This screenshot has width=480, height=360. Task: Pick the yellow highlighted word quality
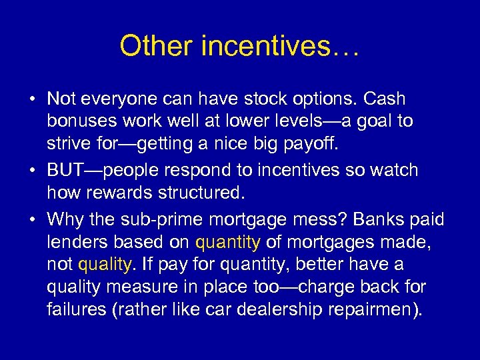pyautogui.click(x=105, y=265)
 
